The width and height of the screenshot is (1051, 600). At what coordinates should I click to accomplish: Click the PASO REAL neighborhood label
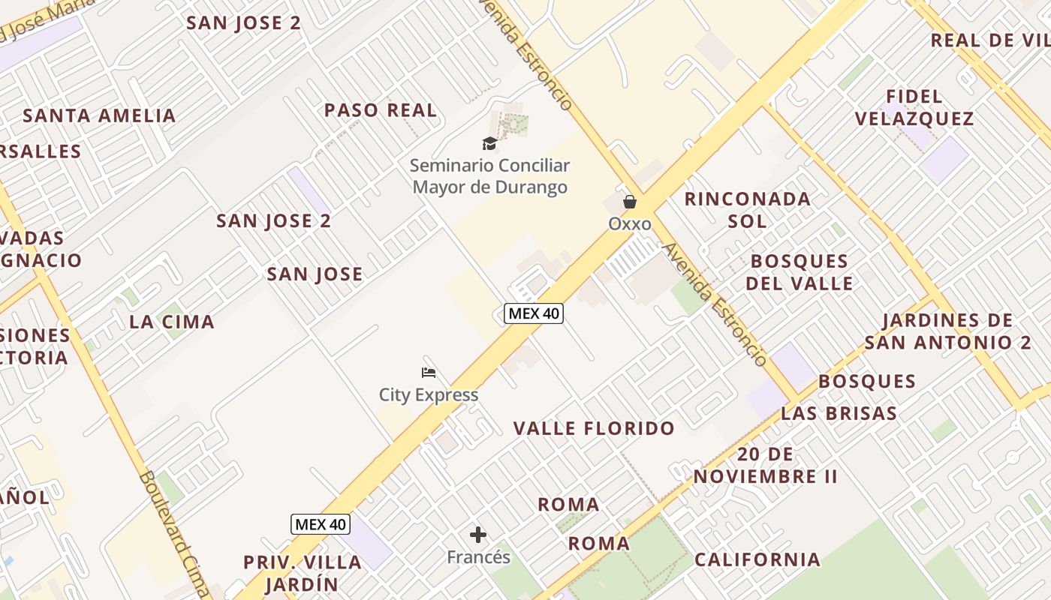pos(380,110)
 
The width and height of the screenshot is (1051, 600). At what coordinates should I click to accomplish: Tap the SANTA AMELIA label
pos(99,115)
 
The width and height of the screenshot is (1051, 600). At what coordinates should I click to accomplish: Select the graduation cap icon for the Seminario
pos(489,142)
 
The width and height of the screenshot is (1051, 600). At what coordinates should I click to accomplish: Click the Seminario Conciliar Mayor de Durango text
pos(489,176)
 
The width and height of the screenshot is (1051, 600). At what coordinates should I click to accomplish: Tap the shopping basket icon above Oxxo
pos(629,202)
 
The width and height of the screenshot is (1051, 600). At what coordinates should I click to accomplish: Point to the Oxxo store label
pos(629,223)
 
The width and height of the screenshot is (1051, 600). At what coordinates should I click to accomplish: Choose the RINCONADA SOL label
pos(747,210)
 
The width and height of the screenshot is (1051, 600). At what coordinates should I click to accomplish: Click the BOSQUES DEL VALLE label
pos(800,272)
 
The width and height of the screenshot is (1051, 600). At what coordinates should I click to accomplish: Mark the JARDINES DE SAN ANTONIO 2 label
pos(947,331)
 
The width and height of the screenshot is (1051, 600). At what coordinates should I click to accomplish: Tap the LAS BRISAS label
pos(839,413)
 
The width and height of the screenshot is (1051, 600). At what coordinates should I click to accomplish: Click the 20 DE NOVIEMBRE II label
pos(765,465)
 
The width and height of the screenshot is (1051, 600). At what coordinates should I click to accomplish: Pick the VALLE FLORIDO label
pos(594,428)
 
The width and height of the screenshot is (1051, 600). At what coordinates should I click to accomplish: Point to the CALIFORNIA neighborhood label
pos(757,559)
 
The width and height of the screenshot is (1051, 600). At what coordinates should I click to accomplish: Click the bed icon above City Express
pos(429,372)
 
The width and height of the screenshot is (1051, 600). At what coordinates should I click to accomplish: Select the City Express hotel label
pos(428,394)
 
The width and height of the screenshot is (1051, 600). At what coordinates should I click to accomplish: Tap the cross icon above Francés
pos(478,535)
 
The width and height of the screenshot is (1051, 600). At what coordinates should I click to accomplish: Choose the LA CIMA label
pos(172,322)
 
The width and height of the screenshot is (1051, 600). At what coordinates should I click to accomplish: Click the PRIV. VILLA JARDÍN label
pos(302,573)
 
